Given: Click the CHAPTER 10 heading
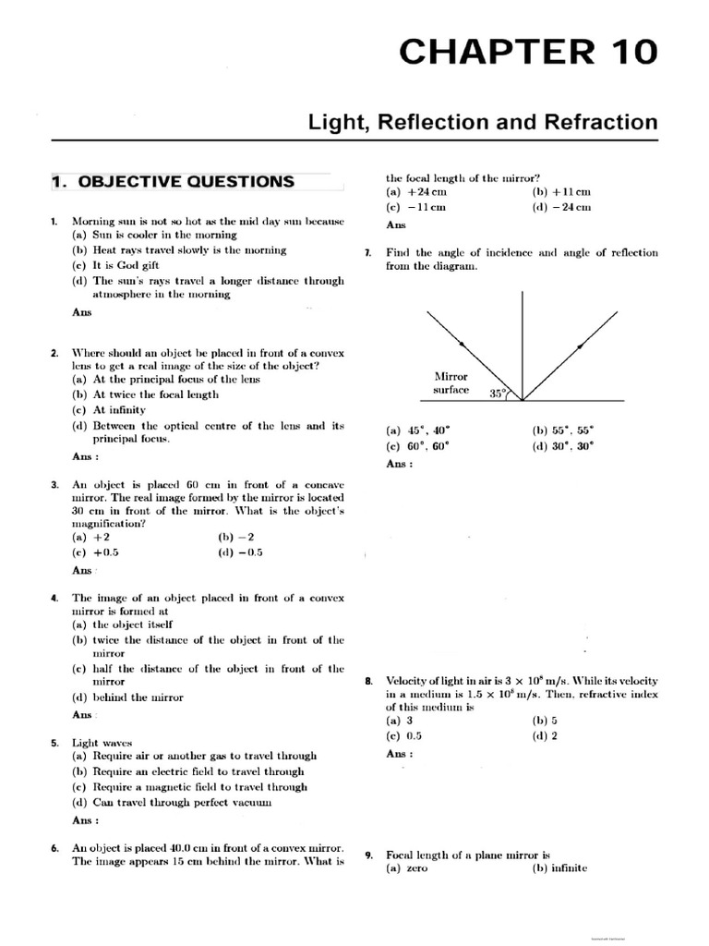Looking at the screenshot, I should pyautogui.click(x=528, y=54).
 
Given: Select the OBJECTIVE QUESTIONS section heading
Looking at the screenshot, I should pyautogui.click(x=173, y=182).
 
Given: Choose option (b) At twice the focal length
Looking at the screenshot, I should pyautogui.click(x=145, y=394).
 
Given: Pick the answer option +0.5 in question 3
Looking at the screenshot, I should pyautogui.click(x=96, y=552).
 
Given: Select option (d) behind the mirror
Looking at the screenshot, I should pyautogui.click(x=127, y=697).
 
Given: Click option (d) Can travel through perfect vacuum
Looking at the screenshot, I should pyautogui.click(x=172, y=803).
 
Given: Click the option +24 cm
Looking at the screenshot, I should pyautogui.click(x=415, y=192).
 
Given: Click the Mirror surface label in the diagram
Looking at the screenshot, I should pyautogui.click(x=451, y=383).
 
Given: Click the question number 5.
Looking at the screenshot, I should pyautogui.click(x=55, y=743).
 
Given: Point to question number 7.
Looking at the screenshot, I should pyautogui.click(x=368, y=253).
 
